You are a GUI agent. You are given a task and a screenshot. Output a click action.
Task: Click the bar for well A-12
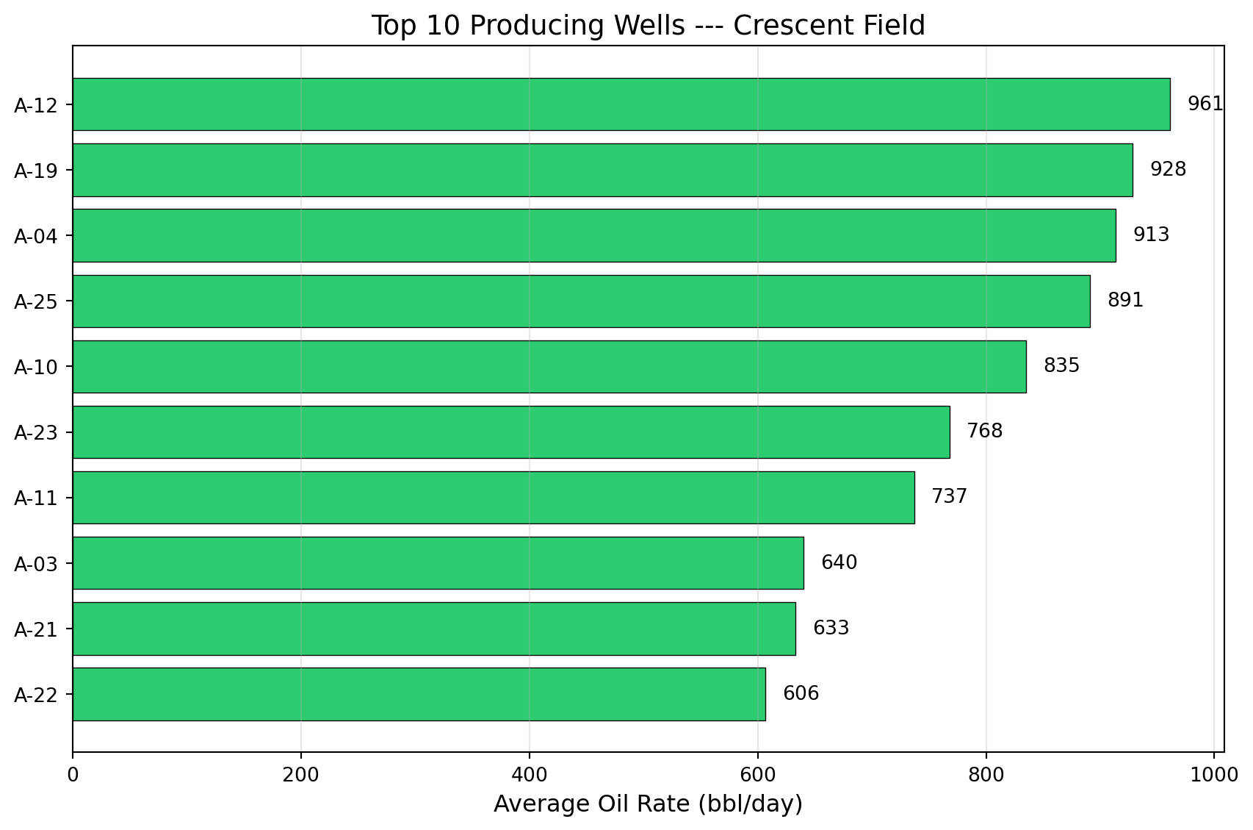[x=621, y=104]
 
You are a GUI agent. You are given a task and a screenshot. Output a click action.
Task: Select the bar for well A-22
[x=419, y=694]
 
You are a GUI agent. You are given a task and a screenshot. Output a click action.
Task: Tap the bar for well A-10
[x=549, y=366]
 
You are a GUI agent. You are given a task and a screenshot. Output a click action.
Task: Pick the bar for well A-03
[x=438, y=563]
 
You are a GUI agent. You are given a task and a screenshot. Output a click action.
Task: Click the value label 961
[x=1205, y=104]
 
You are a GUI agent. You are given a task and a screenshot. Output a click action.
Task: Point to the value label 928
[x=1168, y=170]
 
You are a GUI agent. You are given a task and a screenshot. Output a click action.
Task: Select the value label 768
[x=984, y=432]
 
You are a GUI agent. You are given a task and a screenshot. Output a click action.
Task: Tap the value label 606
[x=801, y=694]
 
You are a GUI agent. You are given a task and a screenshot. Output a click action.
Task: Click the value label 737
[x=949, y=497]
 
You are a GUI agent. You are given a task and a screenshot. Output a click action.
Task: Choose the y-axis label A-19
[x=35, y=171]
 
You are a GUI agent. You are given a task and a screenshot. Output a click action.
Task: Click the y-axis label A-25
[x=35, y=301]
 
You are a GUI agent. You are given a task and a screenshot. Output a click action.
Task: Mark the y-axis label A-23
[x=35, y=432]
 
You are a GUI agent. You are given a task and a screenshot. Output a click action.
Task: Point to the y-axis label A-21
[x=35, y=629]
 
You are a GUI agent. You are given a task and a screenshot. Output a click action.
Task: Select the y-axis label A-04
[x=35, y=236]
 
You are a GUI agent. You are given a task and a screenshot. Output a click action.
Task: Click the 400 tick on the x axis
[x=529, y=775]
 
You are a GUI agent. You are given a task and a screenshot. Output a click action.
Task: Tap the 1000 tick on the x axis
[x=1213, y=775]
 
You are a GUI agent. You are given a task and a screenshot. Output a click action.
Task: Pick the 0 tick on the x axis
[x=73, y=775]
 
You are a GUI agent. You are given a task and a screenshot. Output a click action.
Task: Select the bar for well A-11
[x=493, y=498]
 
